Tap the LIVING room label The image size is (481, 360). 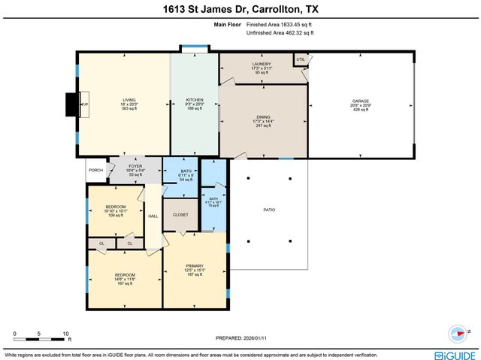click(x=129, y=100)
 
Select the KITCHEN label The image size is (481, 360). click(x=195, y=100)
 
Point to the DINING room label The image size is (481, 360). click(x=263, y=116)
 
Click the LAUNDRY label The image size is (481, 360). click(x=262, y=64)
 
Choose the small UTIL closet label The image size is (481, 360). click(x=301, y=59)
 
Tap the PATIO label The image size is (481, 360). click(x=268, y=210)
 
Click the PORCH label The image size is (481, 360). click(x=95, y=170)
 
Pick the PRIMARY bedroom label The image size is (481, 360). click(x=195, y=269)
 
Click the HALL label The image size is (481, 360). click(x=153, y=216)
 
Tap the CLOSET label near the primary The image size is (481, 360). click(x=180, y=215)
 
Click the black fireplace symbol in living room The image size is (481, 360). click(x=72, y=104)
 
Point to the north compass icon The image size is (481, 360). click(x=458, y=331)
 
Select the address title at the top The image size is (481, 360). click(x=240, y=9)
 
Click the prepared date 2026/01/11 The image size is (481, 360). click(x=240, y=337)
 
